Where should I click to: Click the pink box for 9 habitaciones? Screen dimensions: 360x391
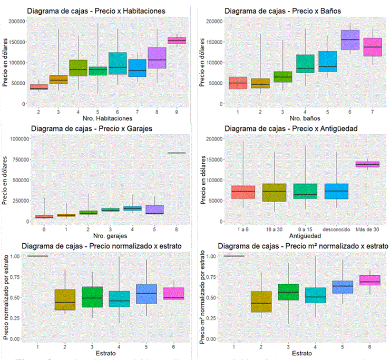[x=177, y=41]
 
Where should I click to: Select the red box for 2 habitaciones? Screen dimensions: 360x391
[x=38, y=87]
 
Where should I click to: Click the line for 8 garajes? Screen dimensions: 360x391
[x=177, y=153]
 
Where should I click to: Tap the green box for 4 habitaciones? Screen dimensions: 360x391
[x=78, y=68]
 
